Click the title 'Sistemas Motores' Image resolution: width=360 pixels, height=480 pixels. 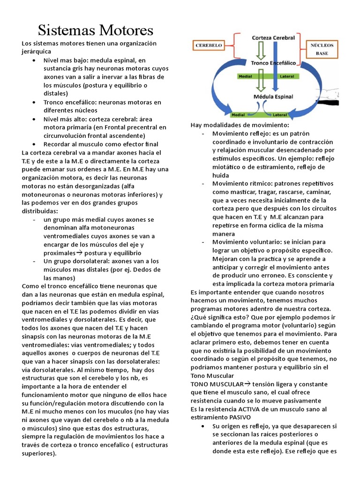click(x=96, y=30)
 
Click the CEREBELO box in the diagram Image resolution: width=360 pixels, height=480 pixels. click(x=209, y=46)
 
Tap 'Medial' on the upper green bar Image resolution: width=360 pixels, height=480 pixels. click(x=246, y=75)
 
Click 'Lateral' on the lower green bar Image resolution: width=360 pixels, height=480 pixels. click(x=280, y=114)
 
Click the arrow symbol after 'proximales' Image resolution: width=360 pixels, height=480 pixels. click(x=79, y=253)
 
